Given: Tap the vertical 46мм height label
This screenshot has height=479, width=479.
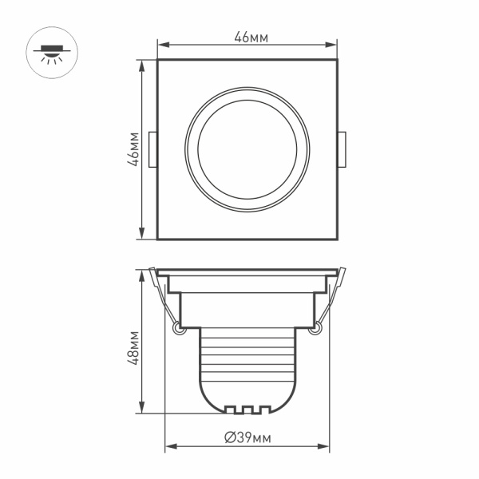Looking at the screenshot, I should [135, 149].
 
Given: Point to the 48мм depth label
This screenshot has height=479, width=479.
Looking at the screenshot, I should [135, 346].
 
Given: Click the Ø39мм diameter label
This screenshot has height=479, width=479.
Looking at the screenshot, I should [248, 437].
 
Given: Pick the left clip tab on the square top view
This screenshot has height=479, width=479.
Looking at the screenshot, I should [153, 149].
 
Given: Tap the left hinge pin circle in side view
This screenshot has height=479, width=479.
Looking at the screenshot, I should [176, 327].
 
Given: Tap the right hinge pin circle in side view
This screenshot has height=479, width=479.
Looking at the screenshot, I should [317, 327].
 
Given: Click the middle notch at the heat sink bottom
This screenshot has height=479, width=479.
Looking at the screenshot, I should [247, 410].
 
